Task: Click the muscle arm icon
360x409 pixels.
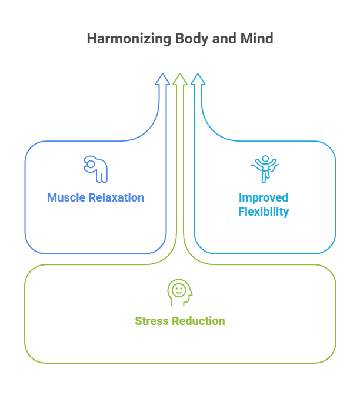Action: tap(96, 169)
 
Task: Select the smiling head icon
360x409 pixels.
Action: tap(180, 292)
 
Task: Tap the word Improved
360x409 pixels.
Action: tap(264, 197)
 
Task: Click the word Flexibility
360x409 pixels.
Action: tap(264, 212)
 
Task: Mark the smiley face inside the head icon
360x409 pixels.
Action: tap(179, 290)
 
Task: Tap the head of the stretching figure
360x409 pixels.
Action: tap(265, 159)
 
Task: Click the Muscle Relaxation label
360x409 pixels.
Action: tap(95, 197)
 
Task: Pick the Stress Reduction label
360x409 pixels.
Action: tap(180, 321)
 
